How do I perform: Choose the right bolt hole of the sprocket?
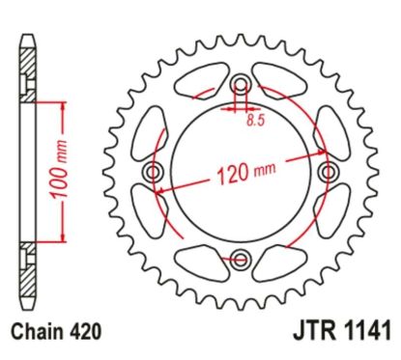329,171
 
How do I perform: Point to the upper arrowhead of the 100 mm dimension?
65,101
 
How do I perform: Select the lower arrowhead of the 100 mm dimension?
65,241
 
